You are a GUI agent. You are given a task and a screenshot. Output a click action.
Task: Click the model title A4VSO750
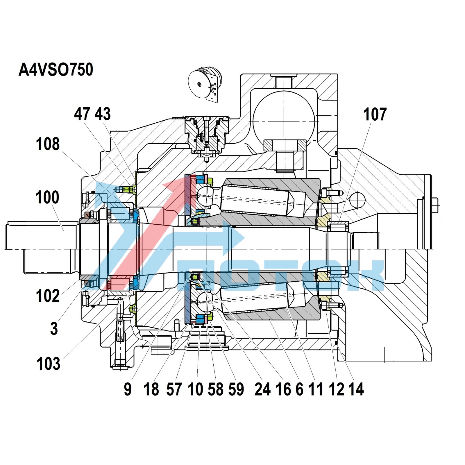[56, 70]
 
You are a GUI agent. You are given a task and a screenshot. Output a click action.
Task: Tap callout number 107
[375, 114]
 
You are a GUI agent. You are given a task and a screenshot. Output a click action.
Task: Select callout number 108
[48, 144]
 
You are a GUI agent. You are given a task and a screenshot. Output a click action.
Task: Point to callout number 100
[47, 197]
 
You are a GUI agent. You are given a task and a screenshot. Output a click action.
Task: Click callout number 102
[48, 296]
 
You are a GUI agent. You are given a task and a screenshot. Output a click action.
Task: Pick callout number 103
[48, 364]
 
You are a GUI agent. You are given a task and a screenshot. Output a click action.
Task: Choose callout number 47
[82, 114]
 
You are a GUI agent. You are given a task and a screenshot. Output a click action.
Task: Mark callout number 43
[103, 114]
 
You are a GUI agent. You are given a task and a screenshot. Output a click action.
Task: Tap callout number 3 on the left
[54, 329]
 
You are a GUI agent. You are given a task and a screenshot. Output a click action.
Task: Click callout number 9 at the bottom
[128, 389]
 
